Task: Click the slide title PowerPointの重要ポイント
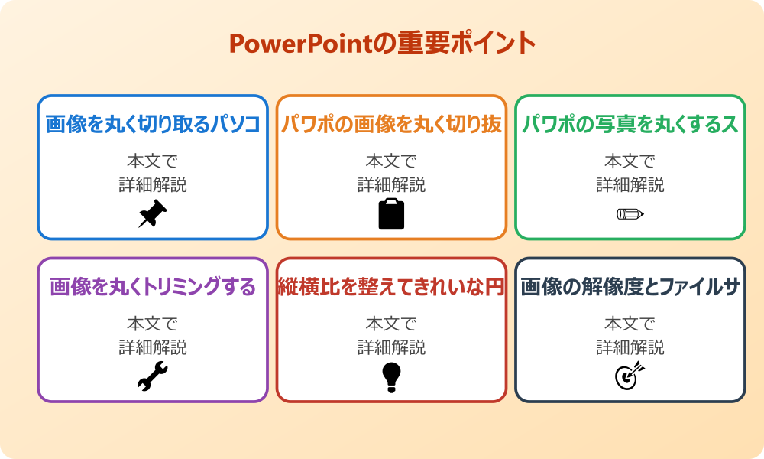[x=382, y=44]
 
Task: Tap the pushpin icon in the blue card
[x=152, y=213]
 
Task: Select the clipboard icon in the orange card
[x=391, y=214]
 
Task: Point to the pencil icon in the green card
[x=630, y=213]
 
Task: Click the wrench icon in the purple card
[x=152, y=376]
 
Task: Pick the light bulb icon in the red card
[x=391, y=377]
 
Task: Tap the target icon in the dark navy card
[x=630, y=376]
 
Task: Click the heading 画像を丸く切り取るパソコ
[x=153, y=125]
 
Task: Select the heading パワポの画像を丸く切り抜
[x=391, y=125]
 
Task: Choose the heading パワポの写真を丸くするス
[x=630, y=125]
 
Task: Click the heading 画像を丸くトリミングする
[x=153, y=287]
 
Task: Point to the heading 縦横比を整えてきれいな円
[x=391, y=287]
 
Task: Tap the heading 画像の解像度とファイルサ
[x=630, y=287]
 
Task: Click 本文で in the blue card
[x=152, y=161]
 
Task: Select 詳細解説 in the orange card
[x=391, y=184]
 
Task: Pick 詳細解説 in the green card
[x=630, y=184]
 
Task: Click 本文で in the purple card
[x=152, y=324]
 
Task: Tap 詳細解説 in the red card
[x=391, y=347]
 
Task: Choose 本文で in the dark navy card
[x=630, y=324]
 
